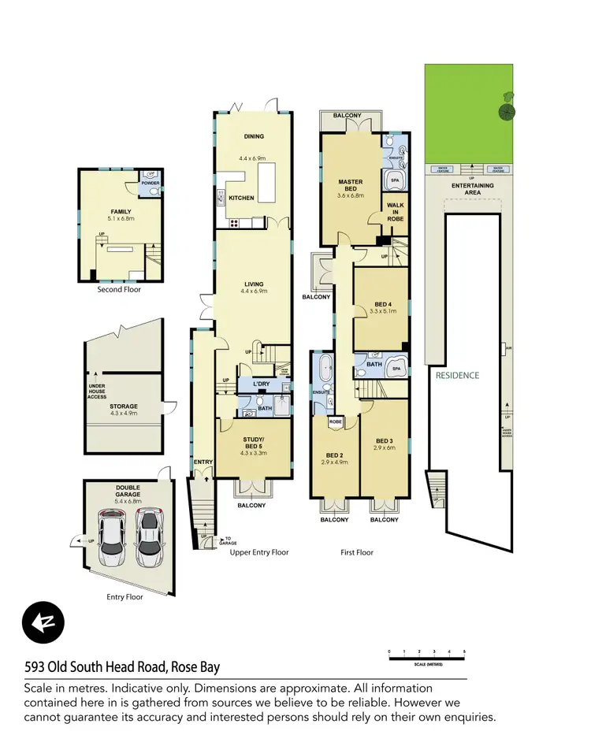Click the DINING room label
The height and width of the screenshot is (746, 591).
click(254, 136)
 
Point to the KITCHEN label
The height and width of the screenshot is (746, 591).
click(241, 198)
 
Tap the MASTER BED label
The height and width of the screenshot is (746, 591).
click(350, 183)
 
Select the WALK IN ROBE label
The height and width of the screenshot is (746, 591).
click(395, 213)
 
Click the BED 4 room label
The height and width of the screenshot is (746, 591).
click(381, 303)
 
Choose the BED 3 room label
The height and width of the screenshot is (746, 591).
click(384, 440)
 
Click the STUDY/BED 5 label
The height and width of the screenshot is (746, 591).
click(253, 443)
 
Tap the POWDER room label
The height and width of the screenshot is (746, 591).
click(149, 183)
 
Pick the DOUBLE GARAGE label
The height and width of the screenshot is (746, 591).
click(127, 489)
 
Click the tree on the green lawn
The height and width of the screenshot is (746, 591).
click(506, 111)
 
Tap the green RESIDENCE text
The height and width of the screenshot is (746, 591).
click(457, 376)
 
